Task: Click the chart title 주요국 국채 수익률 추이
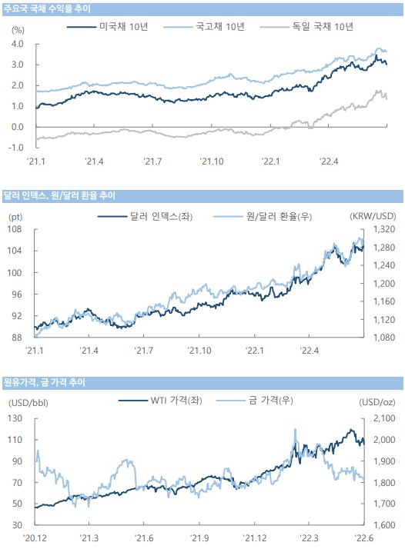47,8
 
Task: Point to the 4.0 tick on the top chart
18,44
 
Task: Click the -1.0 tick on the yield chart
16,148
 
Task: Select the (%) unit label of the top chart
18,30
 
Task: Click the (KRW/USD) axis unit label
373,216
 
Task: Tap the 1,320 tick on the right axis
383,229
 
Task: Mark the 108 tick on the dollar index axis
15,229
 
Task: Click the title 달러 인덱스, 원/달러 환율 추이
59,195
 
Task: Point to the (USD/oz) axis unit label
377,402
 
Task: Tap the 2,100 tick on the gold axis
384,418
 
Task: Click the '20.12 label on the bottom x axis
35,537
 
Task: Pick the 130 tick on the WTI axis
15,418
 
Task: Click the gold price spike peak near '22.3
295,429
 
